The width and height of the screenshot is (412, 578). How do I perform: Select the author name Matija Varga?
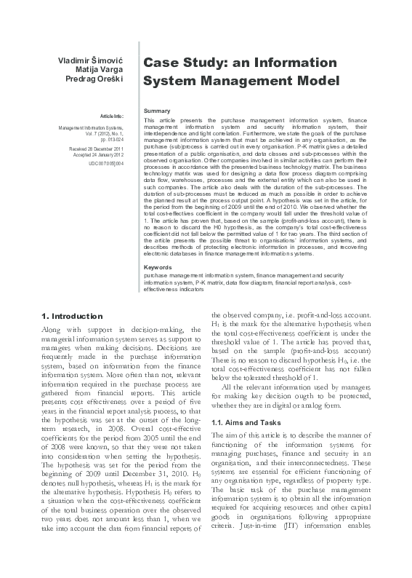[x=102, y=68]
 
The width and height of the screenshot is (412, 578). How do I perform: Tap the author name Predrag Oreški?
[x=97, y=78]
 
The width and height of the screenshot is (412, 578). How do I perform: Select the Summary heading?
[x=157, y=110]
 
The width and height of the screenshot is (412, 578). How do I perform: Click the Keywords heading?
[x=158, y=268]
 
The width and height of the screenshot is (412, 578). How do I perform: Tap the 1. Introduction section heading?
[x=73, y=316]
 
